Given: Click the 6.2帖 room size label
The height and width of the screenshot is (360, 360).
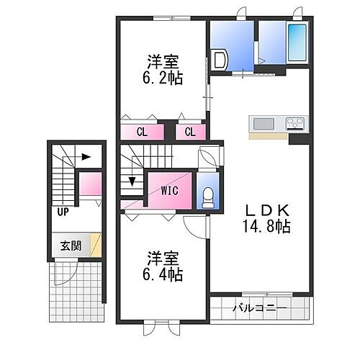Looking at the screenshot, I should (x=165, y=77).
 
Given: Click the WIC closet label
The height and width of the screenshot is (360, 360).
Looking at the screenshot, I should (x=170, y=191).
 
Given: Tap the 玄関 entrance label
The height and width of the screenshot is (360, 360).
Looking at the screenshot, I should (x=71, y=245).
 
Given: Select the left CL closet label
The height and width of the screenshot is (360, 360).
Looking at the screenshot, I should (x=142, y=132).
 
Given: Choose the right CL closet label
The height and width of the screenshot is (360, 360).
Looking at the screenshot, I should (x=191, y=132).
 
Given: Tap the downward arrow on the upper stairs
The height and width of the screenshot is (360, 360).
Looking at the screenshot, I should (x=132, y=181).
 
